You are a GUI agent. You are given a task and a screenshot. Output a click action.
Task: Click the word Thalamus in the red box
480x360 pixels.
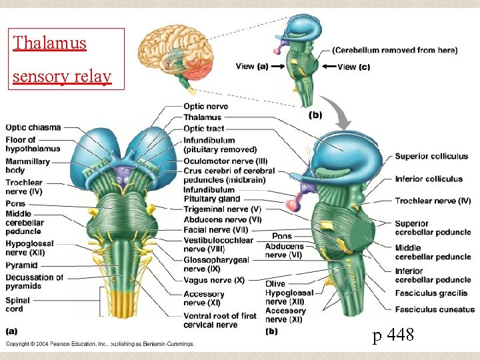pos(50,44)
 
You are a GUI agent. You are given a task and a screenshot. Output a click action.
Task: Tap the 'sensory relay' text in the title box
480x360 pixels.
pos(62,76)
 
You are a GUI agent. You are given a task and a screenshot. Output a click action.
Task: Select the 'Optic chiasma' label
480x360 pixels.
pos(33,127)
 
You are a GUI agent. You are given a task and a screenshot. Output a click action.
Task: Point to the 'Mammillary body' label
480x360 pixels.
pos(27,165)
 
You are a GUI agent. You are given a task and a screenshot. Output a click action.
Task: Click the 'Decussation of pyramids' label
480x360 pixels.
pos(34,281)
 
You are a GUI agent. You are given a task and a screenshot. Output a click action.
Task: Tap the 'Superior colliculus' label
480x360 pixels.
pos(431,157)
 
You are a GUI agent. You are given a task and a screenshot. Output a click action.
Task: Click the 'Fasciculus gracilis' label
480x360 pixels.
pos(431,293)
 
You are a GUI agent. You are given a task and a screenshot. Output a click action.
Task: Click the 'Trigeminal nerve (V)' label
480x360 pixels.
pos(222,209)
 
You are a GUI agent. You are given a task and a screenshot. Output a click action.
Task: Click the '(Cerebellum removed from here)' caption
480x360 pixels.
pos(395,50)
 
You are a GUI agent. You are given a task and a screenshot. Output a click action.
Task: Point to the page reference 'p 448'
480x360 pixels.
pos(393,335)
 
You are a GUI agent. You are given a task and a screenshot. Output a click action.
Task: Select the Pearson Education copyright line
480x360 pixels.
pos(100,345)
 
